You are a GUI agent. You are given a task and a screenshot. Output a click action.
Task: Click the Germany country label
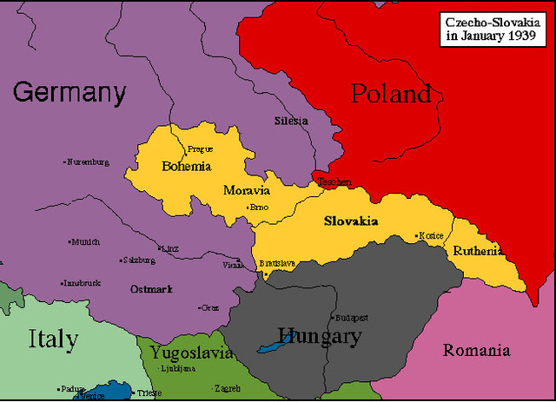(x=69, y=92)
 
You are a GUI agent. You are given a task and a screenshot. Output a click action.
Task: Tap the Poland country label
(x=391, y=94)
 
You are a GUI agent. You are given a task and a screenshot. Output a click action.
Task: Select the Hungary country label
(x=319, y=336)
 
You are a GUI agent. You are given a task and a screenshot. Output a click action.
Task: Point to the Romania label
(x=476, y=351)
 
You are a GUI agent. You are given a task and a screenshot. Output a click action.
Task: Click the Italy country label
(x=52, y=339)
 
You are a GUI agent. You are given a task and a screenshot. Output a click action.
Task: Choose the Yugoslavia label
(x=191, y=353)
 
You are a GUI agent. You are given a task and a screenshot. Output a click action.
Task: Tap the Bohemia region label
(x=186, y=165)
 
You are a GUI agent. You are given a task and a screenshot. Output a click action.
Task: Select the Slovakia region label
(x=351, y=221)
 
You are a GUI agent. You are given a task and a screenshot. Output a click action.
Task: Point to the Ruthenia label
(x=478, y=251)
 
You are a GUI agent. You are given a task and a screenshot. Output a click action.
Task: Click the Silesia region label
(x=290, y=121)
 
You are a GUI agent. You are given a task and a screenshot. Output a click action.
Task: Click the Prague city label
(x=200, y=148)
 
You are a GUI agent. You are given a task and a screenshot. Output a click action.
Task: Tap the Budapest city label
(x=353, y=318)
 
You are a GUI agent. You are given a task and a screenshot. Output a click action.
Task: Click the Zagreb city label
(x=227, y=388)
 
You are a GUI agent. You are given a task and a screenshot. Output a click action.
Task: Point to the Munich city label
(x=85, y=242)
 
